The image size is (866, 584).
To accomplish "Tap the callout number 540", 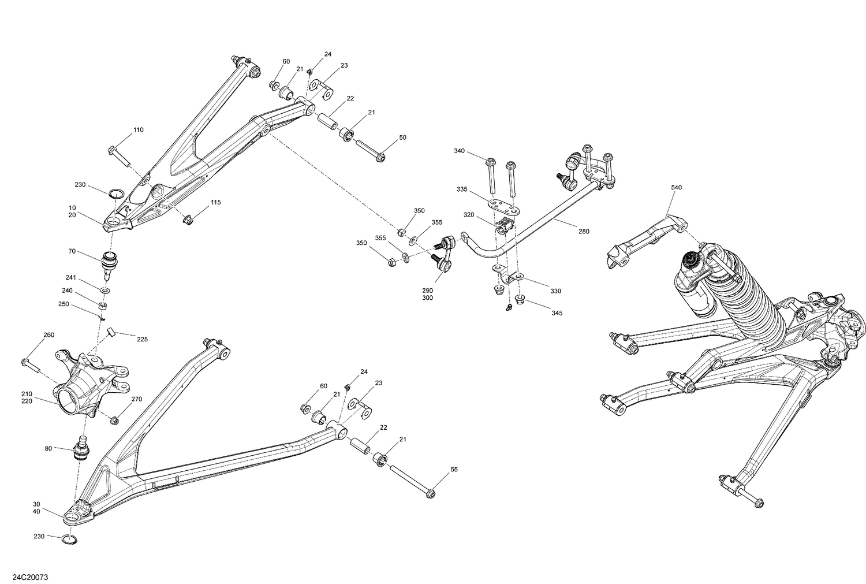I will [x=677, y=188].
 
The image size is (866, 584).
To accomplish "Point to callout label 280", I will [x=584, y=232].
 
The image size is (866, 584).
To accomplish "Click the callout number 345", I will [x=557, y=313].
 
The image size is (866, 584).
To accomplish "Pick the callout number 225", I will [x=142, y=339].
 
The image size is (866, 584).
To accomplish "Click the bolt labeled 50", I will [x=370, y=151].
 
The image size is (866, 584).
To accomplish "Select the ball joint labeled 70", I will [x=109, y=262].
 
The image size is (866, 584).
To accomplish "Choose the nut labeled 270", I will [x=115, y=420].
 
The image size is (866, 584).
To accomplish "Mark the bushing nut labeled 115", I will [x=188, y=220].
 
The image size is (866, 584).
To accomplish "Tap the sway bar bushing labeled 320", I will [x=504, y=227].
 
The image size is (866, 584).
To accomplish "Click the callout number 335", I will [x=462, y=189].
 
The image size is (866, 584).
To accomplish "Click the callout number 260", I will [x=49, y=335].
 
